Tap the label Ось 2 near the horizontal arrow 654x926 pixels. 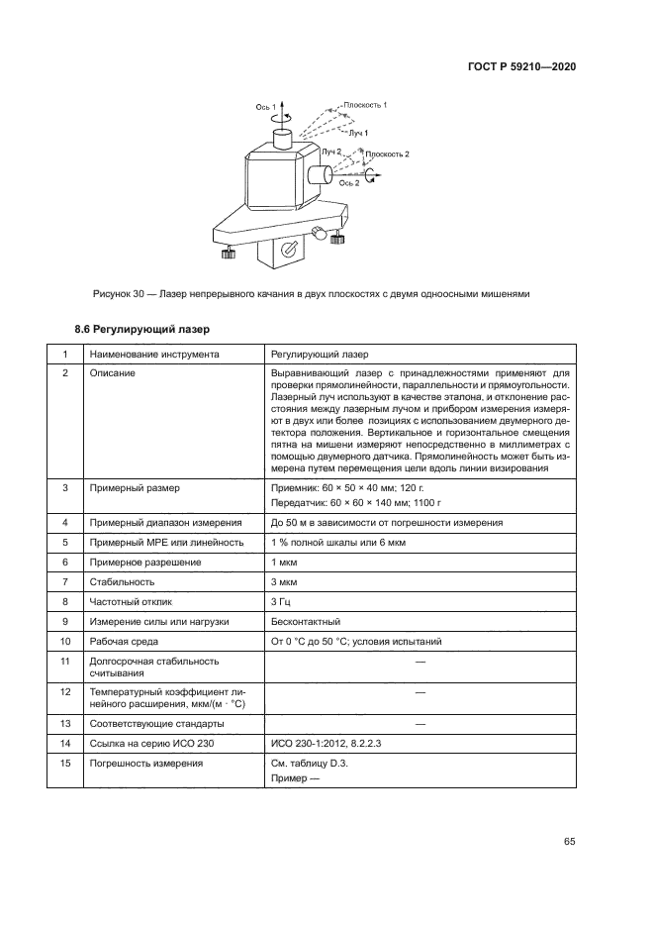(349, 183)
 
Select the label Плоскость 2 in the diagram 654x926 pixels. (387, 154)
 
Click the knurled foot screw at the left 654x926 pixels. (228, 255)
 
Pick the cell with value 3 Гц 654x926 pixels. (281, 601)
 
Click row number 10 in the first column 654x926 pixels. (66, 642)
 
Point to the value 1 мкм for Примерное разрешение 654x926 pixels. (284, 562)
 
